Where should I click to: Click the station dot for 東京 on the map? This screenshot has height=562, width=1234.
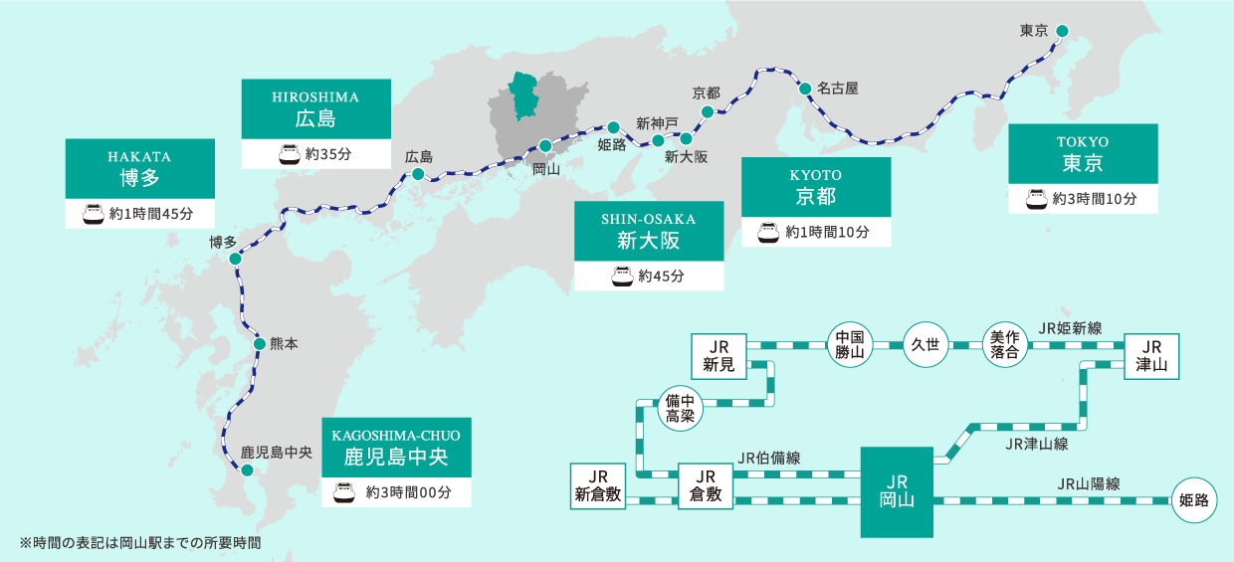tap(1062, 31)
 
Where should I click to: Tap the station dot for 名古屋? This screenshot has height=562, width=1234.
tap(805, 89)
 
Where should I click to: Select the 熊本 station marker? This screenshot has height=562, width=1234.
tap(260, 344)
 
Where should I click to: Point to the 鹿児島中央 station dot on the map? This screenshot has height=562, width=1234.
tap(248, 470)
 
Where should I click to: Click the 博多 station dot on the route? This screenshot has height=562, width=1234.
tap(235, 259)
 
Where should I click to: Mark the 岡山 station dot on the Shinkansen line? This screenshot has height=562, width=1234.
tap(544, 146)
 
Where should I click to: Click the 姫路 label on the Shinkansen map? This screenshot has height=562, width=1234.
tap(612, 145)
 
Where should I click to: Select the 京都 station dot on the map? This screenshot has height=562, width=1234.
tap(708, 112)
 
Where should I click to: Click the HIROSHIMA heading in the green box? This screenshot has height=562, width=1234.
tap(315, 97)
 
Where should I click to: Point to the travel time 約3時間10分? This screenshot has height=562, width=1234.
tap(1095, 199)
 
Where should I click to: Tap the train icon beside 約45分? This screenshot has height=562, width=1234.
tap(623, 277)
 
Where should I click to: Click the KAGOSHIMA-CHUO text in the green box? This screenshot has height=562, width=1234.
tap(396, 436)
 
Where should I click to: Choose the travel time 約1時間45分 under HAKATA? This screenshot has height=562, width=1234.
tap(151, 214)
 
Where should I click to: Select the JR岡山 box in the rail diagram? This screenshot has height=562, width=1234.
tap(897, 492)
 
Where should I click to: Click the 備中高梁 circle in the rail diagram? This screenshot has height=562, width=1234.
tap(681, 408)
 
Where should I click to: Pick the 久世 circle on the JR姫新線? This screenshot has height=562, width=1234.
tap(925, 344)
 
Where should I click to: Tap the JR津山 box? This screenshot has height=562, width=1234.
tap(1151, 356)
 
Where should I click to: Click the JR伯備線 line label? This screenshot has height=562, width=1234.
tap(769, 458)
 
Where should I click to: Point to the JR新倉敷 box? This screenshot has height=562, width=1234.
tap(598, 486)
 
